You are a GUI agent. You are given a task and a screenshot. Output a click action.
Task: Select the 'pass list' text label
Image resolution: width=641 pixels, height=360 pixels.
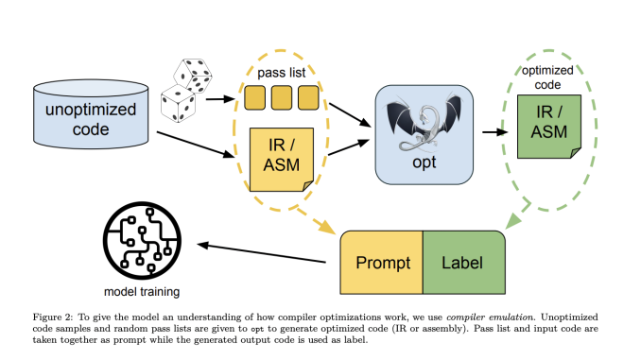(282, 72)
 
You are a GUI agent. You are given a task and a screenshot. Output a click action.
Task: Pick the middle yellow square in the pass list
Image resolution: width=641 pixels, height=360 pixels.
(282, 97)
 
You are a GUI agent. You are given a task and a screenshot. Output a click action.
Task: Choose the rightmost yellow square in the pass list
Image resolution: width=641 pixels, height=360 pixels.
(307, 97)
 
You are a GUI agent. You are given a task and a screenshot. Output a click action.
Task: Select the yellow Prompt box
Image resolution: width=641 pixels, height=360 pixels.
(380, 260)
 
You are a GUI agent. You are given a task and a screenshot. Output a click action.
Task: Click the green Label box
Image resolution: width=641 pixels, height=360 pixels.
(463, 260)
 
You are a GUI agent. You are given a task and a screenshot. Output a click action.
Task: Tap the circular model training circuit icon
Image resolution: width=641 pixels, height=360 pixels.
(140, 242)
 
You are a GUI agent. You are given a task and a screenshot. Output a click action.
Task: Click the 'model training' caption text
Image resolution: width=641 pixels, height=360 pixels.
(140, 292)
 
